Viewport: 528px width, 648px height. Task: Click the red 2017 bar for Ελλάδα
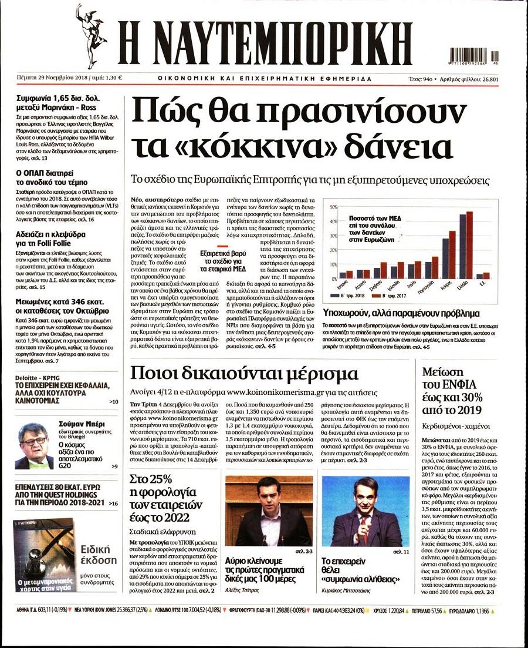[x=469, y=244]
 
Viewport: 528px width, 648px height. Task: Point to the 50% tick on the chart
[x=334, y=207]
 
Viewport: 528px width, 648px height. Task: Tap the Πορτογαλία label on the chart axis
[x=435, y=287]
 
